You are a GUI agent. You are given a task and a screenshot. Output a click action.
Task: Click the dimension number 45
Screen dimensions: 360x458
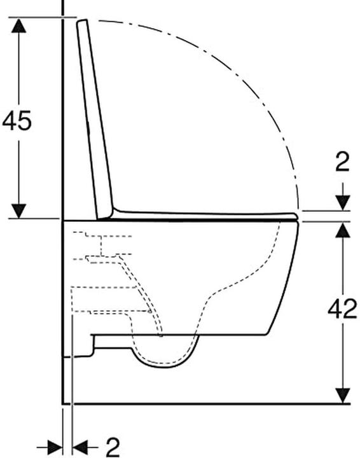tap(17, 120)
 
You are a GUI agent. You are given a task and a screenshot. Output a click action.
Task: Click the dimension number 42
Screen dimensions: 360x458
tap(342, 309)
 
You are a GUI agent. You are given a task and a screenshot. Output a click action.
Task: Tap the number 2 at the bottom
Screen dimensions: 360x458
tap(113, 447)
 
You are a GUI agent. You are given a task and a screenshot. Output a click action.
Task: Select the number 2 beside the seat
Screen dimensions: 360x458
tap(342, 162)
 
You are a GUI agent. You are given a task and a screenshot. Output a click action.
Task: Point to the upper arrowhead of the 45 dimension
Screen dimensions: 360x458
tap(18, 25)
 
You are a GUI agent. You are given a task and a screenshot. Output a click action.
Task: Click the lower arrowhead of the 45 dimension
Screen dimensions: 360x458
tap(18, 211)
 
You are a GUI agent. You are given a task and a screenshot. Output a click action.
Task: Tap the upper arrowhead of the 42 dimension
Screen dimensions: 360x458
tap(342, 229)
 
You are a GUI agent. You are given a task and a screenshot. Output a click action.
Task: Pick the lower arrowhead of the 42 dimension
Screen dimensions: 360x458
tap(342, 396)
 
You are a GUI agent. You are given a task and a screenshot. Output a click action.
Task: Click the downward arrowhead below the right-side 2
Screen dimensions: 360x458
tap(342, 203)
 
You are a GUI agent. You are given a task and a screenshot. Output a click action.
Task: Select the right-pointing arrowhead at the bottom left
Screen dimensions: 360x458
tap(55, 447)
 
